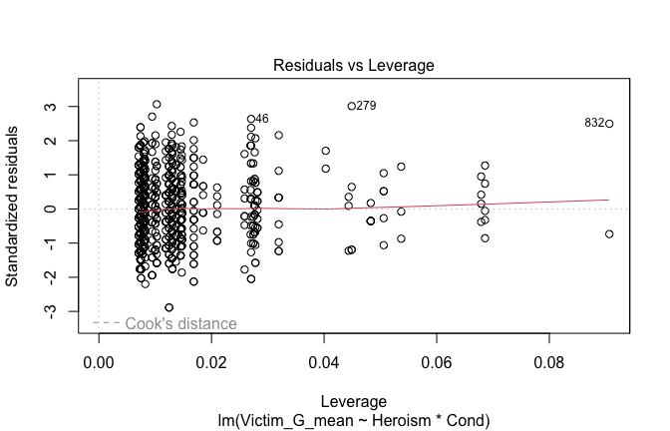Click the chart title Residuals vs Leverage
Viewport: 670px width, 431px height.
click(x=354, y=66)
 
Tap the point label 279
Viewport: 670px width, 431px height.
click(x=366, y=106)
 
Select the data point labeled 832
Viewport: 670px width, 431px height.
click(x=609, y=124)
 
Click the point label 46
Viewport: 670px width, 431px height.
click(x=261, y=119)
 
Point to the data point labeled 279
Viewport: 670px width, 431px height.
click(x=351, y=106)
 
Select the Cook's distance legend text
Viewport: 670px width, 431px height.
click(x=181, y=323)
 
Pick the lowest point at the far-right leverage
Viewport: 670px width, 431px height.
click(x=609, y=233)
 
